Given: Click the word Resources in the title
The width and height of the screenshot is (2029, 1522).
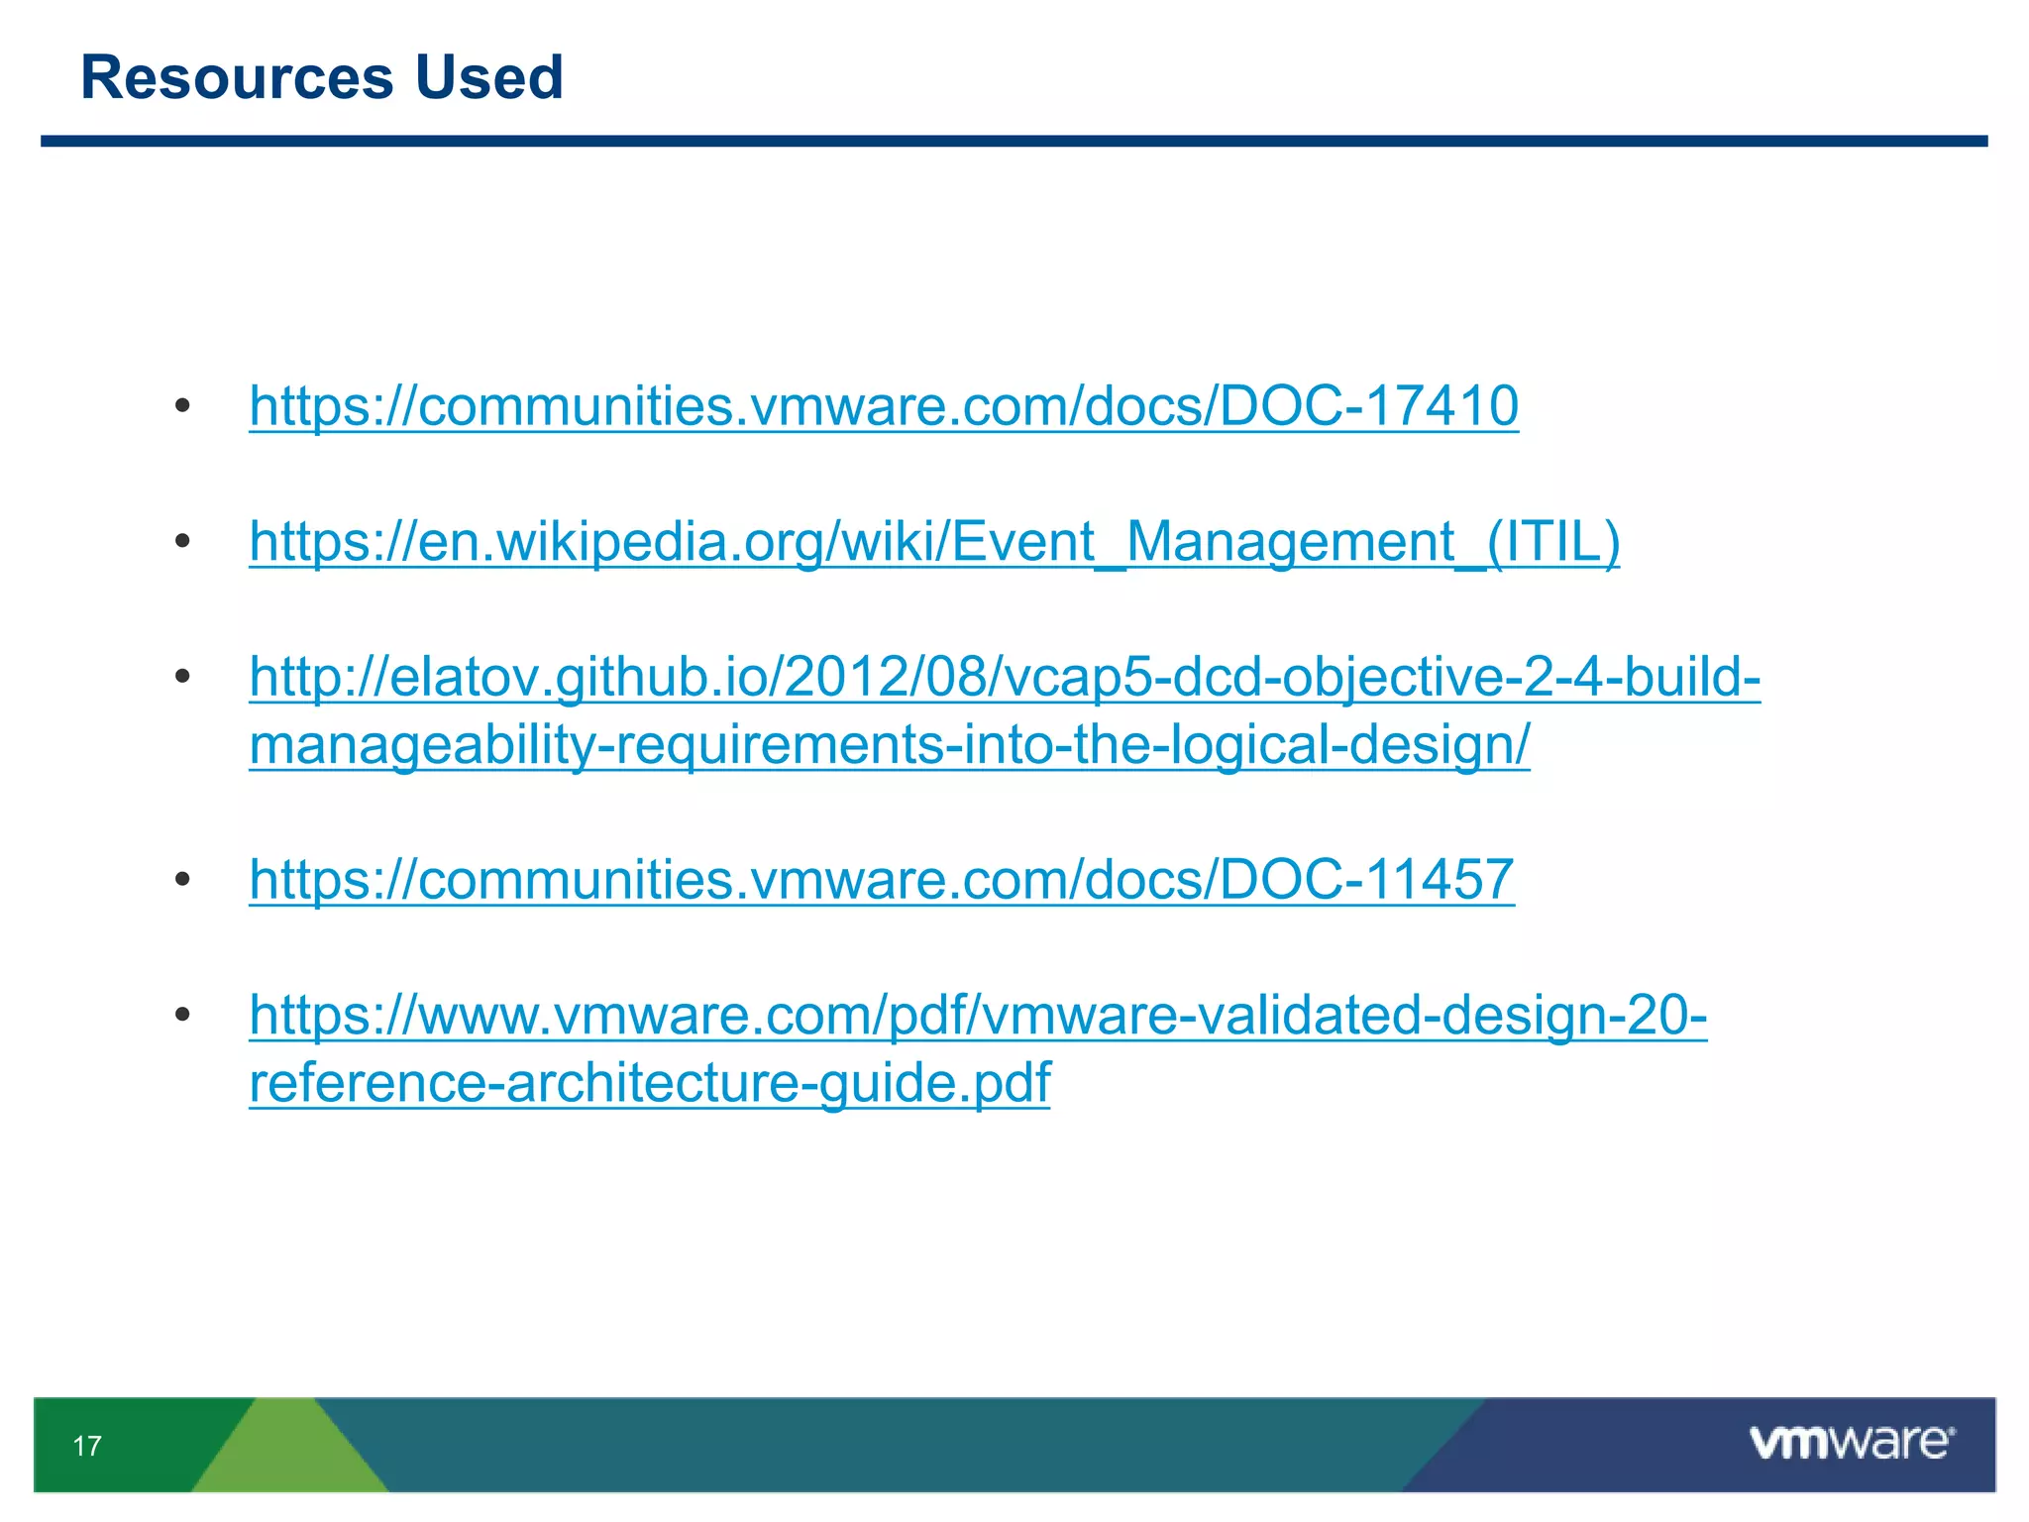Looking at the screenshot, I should pos(237,77).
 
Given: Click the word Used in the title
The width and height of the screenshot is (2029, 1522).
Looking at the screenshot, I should pos(488,77).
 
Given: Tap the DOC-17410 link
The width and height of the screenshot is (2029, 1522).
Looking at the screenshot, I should pos(883,405).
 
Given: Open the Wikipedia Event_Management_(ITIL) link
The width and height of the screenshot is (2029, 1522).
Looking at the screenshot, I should pos(933,541).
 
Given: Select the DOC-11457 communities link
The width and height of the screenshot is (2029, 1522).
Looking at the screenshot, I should pos(881,879).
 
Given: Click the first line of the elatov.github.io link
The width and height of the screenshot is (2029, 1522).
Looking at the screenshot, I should pos(1004,677).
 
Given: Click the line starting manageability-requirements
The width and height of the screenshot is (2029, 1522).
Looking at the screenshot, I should pos(889,745).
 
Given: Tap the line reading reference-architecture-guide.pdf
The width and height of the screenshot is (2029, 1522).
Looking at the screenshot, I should pos(649,1082).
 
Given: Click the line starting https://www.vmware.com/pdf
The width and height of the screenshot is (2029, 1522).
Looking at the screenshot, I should pos(977,1015).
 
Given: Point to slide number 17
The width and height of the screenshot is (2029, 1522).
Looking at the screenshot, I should pos(87,1446).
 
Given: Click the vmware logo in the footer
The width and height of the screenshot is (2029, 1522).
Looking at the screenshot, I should pos(1851,1442).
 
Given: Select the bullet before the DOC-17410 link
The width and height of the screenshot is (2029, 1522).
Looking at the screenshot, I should pos(182,406).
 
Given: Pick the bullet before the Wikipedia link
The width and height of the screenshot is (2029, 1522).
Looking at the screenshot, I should pos(182,541).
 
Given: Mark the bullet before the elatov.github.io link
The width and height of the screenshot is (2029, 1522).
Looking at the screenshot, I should pos(182,677).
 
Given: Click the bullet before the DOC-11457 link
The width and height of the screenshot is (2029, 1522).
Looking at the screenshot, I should pos(182,879).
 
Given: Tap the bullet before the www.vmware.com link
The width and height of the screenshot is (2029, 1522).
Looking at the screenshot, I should pos(182,1015).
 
